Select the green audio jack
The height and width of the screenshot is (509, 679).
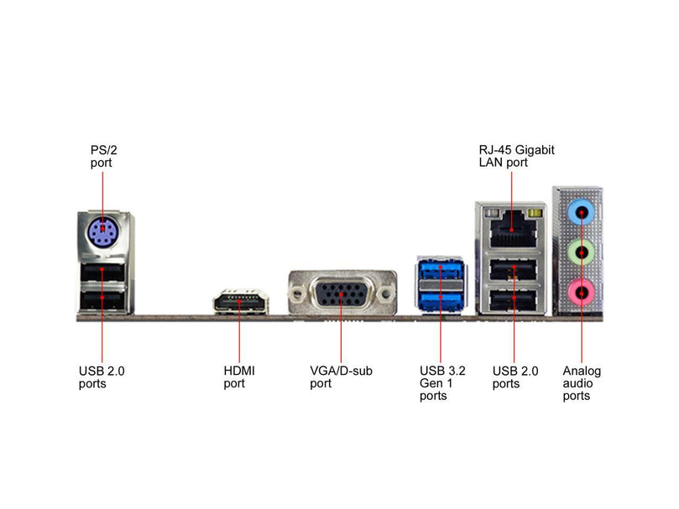[580, 251]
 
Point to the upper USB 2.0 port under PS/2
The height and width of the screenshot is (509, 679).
[102, 272]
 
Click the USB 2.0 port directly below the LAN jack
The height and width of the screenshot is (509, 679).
[512, 271]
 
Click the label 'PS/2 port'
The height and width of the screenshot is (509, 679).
[103, 156]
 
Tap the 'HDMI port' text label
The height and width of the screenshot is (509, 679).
[239, 377]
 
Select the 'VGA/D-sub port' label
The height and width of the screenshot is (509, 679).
[341, 377]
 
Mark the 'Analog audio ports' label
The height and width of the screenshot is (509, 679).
[582, 382]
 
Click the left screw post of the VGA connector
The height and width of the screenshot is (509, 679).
[296, 294]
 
